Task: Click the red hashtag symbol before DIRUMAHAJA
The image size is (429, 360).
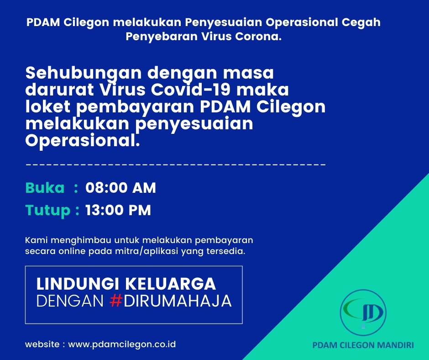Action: click(x=115, y=301)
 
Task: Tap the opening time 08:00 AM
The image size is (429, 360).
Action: click(x=120, y=188)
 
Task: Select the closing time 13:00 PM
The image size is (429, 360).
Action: click(x=118, y=210)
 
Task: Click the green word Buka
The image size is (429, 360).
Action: click(x=45, y=188)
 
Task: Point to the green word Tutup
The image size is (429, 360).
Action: click(x=48, y=211)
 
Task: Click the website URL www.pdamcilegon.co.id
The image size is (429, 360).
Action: click(x=122, y=344)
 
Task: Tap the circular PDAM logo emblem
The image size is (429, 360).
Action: click(x=363, y=312)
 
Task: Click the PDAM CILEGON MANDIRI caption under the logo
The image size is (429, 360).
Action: click(x=363, y=345)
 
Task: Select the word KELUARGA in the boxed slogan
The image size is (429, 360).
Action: click(x=170, y=284)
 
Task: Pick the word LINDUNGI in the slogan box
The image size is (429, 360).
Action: click(x=78, y=284)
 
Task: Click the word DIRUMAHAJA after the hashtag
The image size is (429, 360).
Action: click(x=178, y=301)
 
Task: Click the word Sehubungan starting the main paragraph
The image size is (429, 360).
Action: click(x=84, y=74)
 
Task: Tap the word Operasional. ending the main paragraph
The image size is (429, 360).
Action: click(x=83, y=140)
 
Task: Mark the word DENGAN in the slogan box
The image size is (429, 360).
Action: click(x=70, y=301)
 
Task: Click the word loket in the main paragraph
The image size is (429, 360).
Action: click(x=48, y=106)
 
